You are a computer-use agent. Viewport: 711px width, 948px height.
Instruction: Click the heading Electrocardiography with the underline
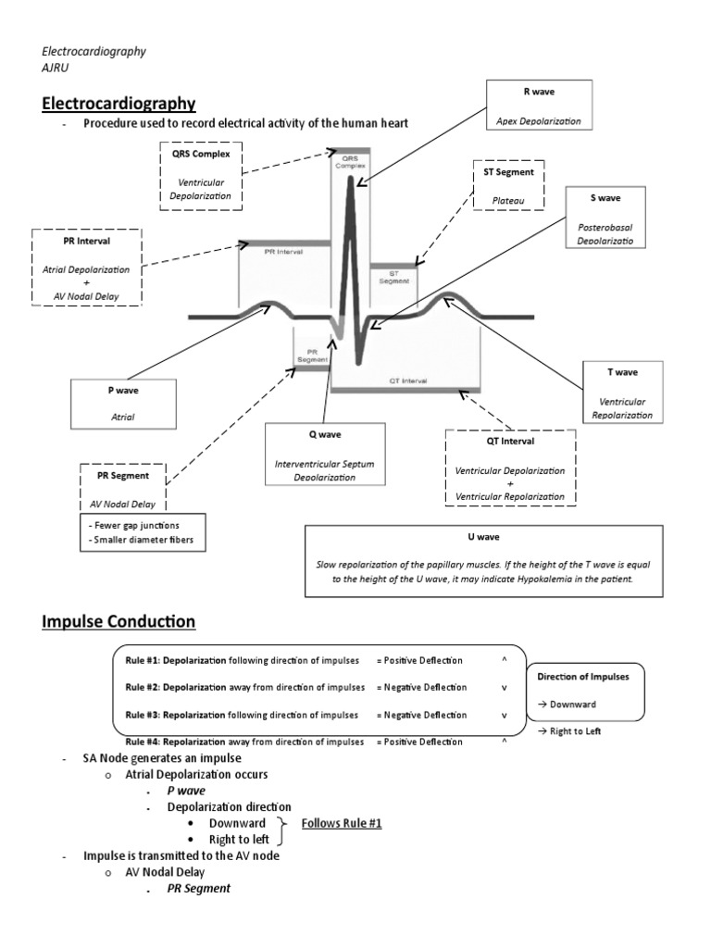click(x=118, y=103)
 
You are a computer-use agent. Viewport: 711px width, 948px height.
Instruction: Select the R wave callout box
click(x=540, y=106)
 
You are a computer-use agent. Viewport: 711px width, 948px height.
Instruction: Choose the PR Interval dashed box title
click(x=89, y=242)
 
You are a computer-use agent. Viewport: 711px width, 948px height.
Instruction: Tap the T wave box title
click(x=622, y=372)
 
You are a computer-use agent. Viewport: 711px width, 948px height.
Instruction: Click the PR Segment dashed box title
click(x=122, y=476)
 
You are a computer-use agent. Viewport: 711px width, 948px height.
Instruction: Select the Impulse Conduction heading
click(x=118, y=621)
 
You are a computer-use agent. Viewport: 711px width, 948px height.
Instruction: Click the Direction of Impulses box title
click(x=583, y=677)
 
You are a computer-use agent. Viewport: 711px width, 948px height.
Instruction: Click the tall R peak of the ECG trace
click(x=351, y=185)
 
